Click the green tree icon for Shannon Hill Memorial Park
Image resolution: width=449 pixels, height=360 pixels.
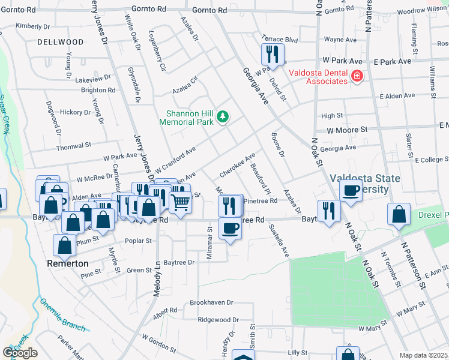[223, 116]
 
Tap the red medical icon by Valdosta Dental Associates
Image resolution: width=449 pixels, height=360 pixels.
[357, 76]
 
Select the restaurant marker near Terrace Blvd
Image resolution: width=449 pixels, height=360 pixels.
[273, 54]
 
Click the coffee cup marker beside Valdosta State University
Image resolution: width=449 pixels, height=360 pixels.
[351, 191]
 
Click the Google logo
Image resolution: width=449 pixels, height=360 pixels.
[20, 353]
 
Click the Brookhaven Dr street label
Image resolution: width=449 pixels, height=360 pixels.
[212, 303]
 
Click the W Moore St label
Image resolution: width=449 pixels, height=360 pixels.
[347, 130]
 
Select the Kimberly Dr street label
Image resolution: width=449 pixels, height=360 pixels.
[33, 26]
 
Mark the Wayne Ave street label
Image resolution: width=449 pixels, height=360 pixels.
[341, 40]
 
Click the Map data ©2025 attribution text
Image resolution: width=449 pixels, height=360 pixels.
[424, 355]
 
